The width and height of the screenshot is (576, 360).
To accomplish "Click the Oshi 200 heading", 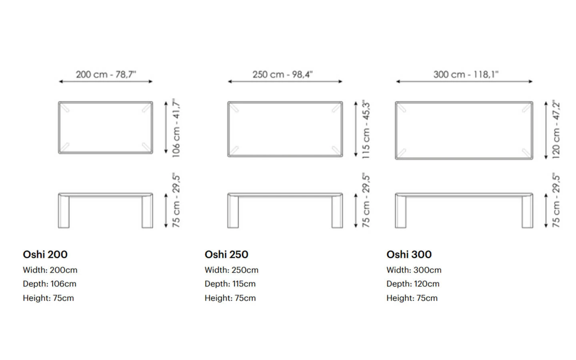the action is pyautogui.click(x=45, y=254).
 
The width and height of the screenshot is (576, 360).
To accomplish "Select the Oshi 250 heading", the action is pyautogui.click(x=226, y=254).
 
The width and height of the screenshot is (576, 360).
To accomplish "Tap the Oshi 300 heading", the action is pyautogui.click(x=409, y=254).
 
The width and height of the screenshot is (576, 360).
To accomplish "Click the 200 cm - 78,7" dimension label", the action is pyautogui.click(x=106, y=74).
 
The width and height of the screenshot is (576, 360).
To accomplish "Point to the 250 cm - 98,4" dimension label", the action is pyautogui.click(x=282, y=74).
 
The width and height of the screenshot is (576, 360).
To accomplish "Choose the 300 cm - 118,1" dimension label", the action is pyautogui.click(x=466, y=74).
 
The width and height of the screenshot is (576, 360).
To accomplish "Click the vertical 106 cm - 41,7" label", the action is pyautogui.click(x=176, y=128).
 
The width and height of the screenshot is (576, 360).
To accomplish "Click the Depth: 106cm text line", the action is pyautogui.click(x=50, y=284).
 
